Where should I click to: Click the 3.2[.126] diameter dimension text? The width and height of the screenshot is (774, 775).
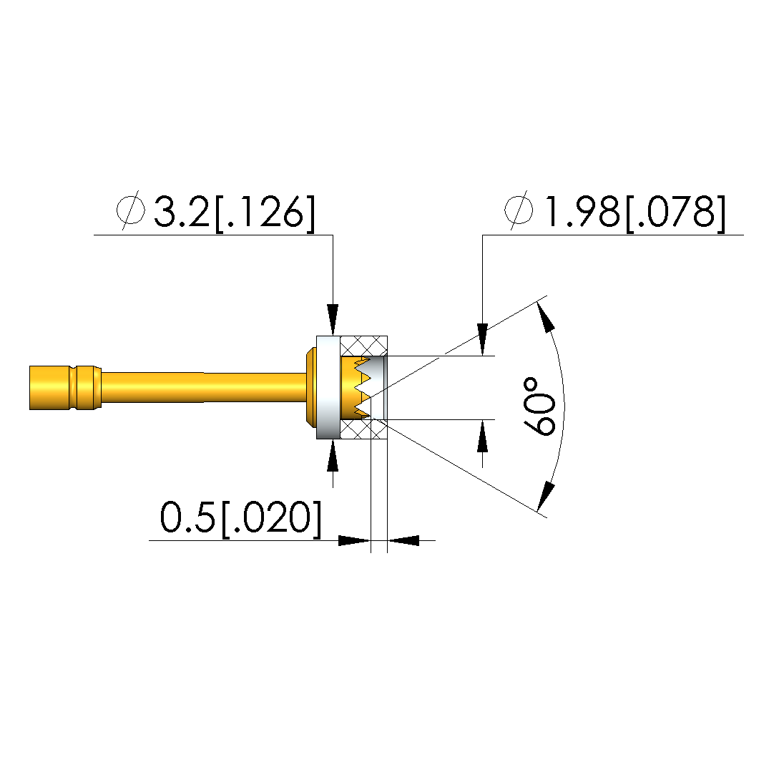[234, 213]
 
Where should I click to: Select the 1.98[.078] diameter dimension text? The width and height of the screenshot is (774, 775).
[635, 213]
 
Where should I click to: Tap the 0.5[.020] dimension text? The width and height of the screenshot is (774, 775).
[240, 518]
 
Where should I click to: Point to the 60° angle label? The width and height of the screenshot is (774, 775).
[538, 406]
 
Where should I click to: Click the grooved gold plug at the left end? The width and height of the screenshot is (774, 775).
[65, 388]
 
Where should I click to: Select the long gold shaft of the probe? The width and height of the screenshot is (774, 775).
[203, 388]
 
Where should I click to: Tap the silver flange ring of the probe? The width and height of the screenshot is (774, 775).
[328, 388]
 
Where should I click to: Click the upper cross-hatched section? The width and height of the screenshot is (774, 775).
[364, 346]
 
